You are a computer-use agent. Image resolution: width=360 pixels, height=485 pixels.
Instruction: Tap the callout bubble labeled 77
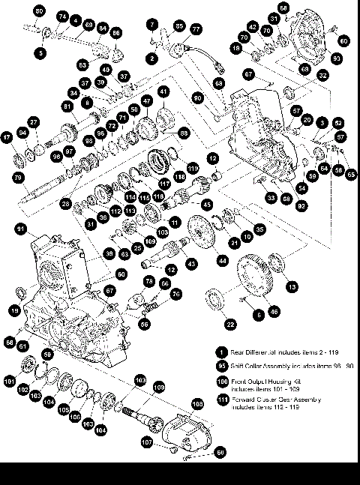tap(196, 29)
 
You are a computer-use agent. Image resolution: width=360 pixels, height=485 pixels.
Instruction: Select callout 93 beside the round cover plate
tap(337, 58)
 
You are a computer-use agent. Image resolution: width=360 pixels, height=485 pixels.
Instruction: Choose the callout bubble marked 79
tap(18, 177)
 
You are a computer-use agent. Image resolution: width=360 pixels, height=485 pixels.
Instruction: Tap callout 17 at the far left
tap(7, 138)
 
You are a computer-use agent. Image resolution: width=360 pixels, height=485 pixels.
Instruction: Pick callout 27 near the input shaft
tap(33, 121)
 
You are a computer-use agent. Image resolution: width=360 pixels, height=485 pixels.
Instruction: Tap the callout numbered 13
tap(292, 286)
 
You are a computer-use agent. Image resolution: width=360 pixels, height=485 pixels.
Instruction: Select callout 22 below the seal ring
tap(230, 323)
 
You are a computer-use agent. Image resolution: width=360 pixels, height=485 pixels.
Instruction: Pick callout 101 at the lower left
tap(9, 381)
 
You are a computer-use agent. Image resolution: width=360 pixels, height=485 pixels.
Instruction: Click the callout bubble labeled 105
tap(63, 411)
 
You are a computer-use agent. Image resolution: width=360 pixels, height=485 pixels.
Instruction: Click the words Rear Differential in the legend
tap(254, 351)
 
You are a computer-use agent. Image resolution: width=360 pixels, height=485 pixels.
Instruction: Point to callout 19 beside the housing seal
tap(14, 310)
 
